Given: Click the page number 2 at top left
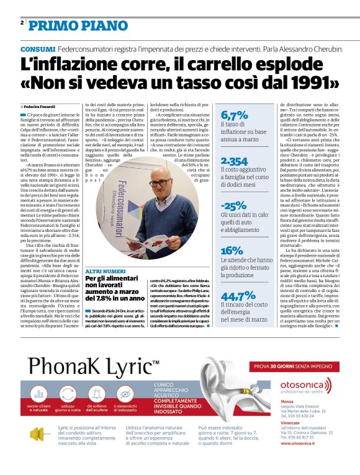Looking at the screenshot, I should [22, 24].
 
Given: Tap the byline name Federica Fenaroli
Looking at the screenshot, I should [40, 107].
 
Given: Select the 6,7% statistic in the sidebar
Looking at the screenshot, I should [235, 116].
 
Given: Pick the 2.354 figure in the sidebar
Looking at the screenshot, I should [235, 161].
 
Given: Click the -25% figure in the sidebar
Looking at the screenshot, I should [234, 206].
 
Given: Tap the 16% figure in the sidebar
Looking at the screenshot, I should [232, 251].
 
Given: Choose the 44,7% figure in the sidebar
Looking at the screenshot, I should [238, 296].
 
